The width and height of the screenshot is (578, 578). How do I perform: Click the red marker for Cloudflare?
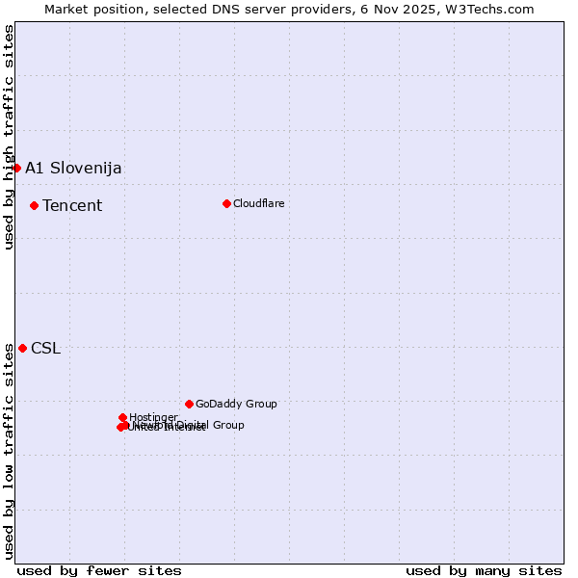coord(226,203)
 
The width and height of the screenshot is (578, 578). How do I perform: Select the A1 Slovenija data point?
coord(16,168)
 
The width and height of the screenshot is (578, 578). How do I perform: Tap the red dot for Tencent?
coord(34,205)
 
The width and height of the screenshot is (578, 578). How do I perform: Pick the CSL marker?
coord(22,348)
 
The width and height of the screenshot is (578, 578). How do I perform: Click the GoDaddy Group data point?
coord(189,404)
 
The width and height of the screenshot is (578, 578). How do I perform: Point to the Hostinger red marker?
coord(122,417)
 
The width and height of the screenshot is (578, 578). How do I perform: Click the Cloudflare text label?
coord(258,203)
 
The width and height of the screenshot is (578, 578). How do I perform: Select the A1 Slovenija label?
coord(73,168)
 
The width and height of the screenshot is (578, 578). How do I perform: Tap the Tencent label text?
coord(72,205)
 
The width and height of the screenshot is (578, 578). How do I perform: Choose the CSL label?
coord(45,348)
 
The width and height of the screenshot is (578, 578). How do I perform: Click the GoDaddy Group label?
coord(236,404)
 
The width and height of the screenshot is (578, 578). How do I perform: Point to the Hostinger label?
coord(153,417)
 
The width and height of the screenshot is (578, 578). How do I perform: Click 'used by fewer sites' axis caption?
coord(99,570)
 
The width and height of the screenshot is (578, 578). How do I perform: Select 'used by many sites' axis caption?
coord(484,570)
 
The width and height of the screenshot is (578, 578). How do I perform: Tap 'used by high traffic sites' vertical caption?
coord(9,137)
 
